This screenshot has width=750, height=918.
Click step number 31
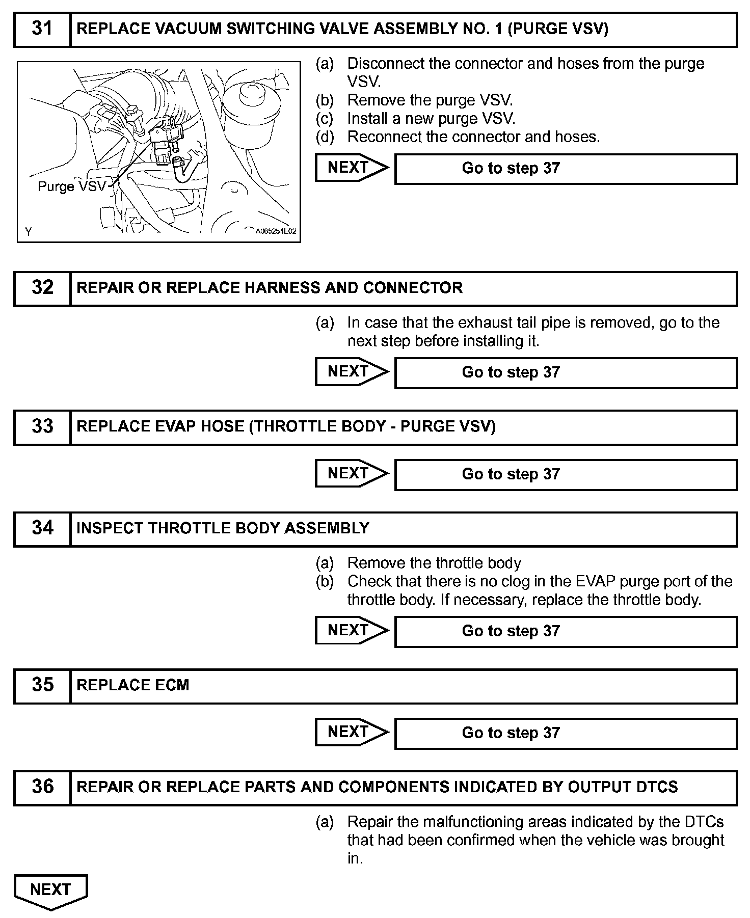[42, 29]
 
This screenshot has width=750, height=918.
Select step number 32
[42, 288]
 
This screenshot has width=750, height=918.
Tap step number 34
[42, 528]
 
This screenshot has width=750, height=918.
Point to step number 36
[42, 787]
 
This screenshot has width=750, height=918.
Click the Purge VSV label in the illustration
[71, 186]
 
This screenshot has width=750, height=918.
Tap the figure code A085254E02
[276, 231]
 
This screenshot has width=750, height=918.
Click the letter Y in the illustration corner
[29, 232]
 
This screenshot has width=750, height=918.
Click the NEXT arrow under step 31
[351, 168]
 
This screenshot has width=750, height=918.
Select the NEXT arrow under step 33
[351, 473]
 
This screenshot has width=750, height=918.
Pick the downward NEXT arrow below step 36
[50, 891]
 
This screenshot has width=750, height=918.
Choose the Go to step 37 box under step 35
[566, 733]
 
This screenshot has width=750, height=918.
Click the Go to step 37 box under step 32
[566, 372]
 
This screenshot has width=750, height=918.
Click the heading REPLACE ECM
[132, 685]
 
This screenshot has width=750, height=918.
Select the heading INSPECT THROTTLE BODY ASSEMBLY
[223, 528]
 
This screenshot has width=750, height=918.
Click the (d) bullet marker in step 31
[325, 137]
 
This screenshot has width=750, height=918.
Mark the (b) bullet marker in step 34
[325, 581]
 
